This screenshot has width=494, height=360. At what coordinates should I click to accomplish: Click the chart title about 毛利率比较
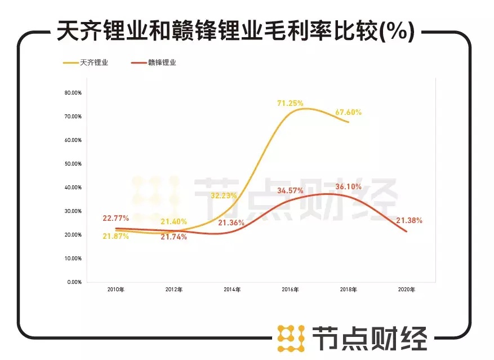coord(235,32)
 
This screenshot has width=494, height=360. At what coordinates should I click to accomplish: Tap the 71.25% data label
coord(290,103)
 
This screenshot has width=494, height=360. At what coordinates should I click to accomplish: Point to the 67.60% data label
coord(348,112)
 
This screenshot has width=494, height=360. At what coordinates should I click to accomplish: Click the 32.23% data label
coord(224,196)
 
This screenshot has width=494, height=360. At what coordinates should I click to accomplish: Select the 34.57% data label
coord(290,192)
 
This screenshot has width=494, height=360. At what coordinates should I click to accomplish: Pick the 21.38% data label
coord(410,220)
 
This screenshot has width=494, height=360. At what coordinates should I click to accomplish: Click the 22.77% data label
coord(116,218)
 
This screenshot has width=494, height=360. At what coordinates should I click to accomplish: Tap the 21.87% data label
coord(116,236)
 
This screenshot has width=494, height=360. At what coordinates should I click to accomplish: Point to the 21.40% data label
coord(173,221)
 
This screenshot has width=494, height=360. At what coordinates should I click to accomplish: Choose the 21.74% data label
coord(173,237)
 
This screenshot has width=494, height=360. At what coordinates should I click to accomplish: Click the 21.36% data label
coord(231,223)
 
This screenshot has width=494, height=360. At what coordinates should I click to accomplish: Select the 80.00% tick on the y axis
coord(73,92)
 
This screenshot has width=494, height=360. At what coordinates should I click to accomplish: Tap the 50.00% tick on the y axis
coord(73,163)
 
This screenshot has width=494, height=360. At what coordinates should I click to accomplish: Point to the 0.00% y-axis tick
coord(74,282)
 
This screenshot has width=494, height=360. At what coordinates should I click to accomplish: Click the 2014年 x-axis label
coord(232,290)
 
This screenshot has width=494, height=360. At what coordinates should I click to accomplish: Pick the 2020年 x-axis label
coord(406,290)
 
